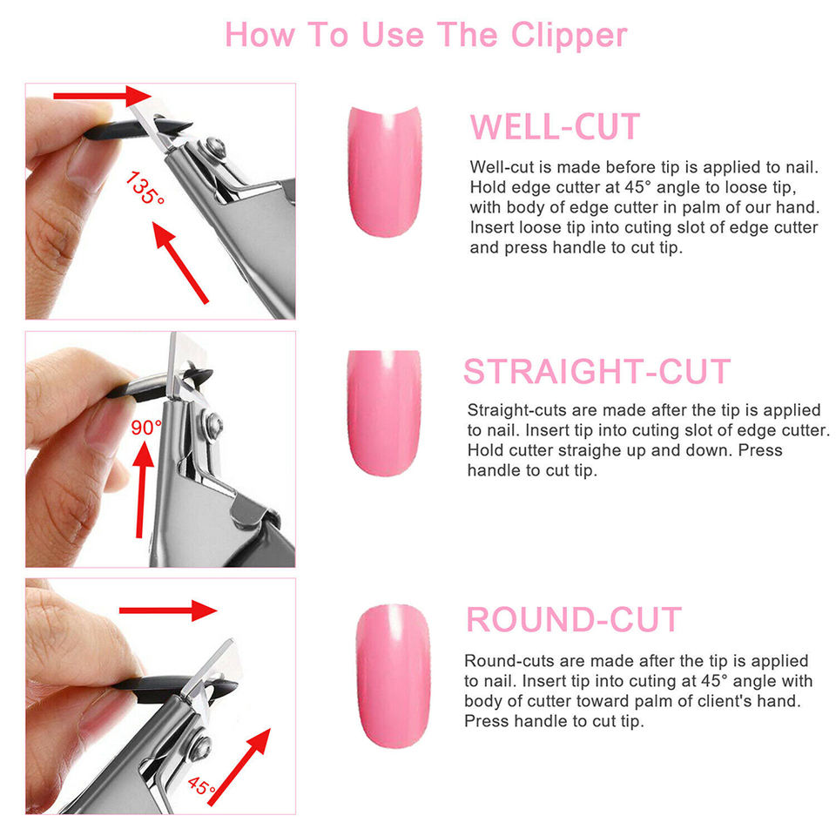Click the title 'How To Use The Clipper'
tap(426, 35)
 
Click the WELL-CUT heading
tap(555, 127)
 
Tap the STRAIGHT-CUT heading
tap(597, 371)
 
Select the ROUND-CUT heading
tap(574, 619)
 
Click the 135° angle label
tap(145, 188)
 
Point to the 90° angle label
tap(145, 427)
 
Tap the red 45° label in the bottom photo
tap(201, 785)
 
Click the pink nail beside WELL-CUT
tap(384, 172)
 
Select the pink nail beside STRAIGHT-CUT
tap(384, 413)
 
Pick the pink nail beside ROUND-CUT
tap(393, 676)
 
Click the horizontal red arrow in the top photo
tap(103, 96)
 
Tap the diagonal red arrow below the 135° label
tap(180, 262)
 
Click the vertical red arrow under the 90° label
tap(142, 489)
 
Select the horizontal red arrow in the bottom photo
tap(168, 610)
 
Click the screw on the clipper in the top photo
tap(215, 145)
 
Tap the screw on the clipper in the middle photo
tap(215, 424)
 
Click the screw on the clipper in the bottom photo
tap(202, 746)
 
